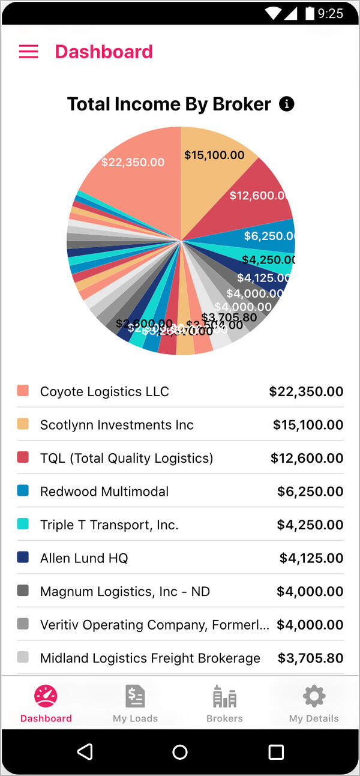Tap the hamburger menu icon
point(28,52)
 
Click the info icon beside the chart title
point(287,104)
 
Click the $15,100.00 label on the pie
point(214,155)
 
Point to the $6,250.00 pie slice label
point(269,236)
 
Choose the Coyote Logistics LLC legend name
point(104,391)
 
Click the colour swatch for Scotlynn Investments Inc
point(23,424)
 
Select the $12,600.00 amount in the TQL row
point(307,458)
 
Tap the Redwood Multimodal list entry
point(104,492)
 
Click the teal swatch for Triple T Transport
point(23,524)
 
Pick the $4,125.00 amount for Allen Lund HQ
point(311,558)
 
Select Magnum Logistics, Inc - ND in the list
point(125,592)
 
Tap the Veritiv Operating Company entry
point(154,625)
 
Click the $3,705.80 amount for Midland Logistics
point(310,658)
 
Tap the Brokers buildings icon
point(224,696)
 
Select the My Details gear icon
point(314,696)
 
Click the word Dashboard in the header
point(104,52)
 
